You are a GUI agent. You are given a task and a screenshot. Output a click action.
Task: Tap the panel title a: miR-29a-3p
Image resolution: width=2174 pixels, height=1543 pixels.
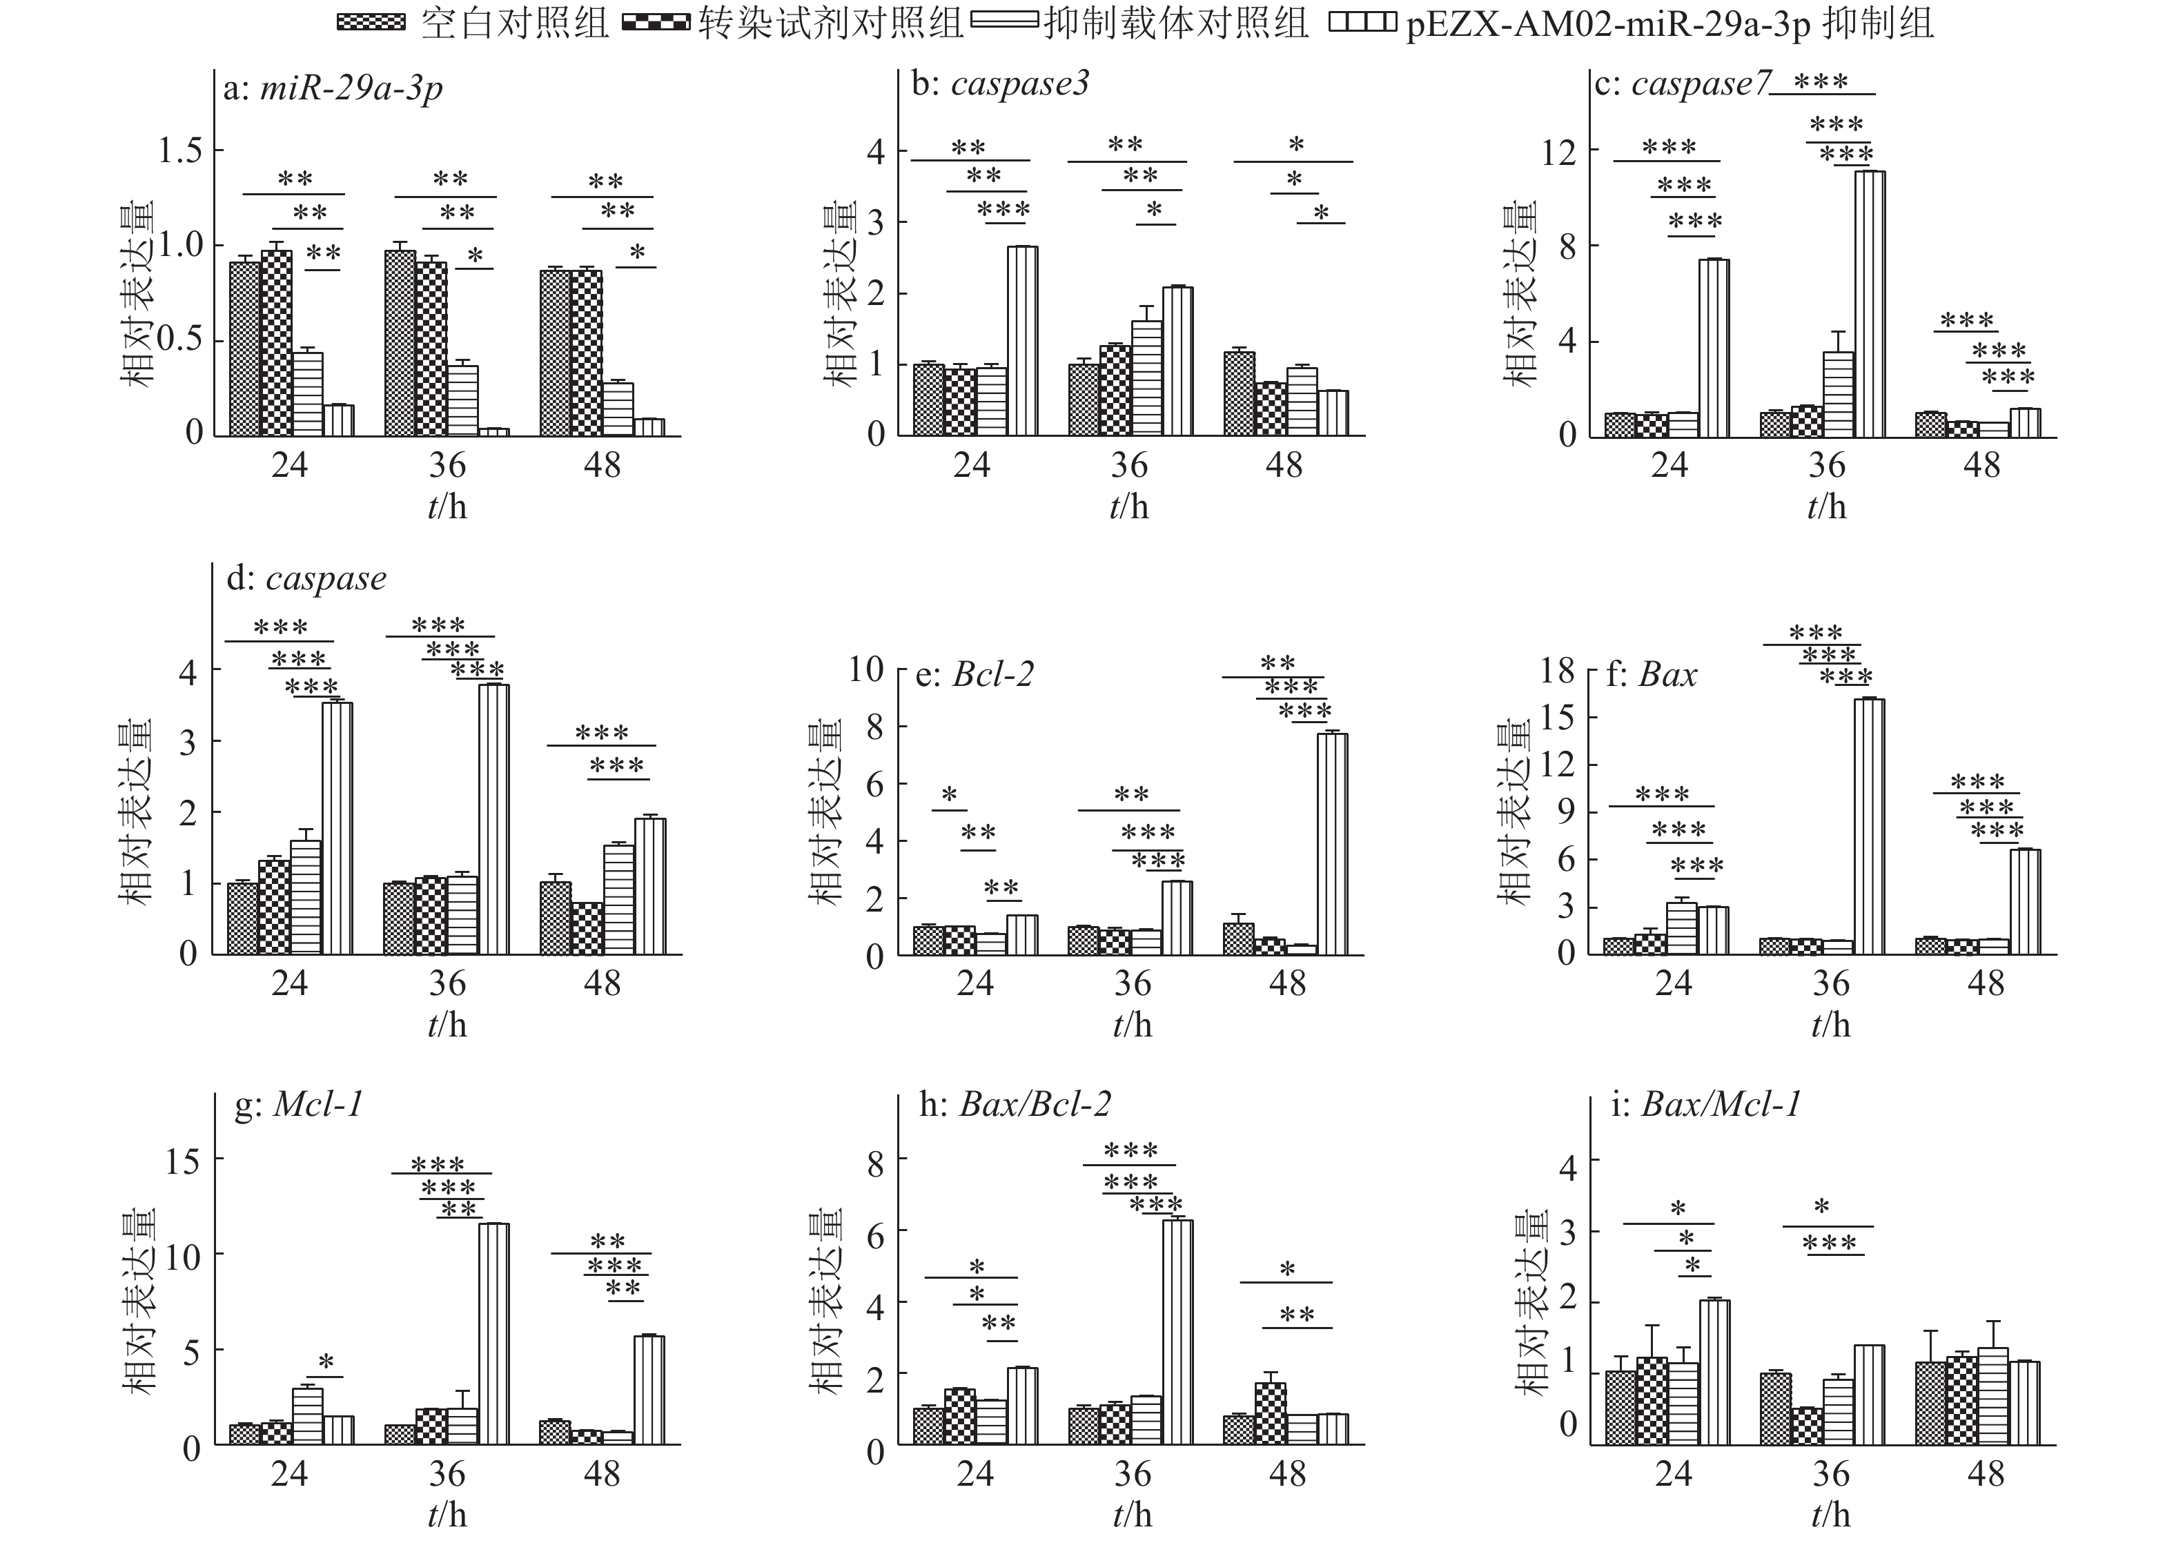tap(333, 88)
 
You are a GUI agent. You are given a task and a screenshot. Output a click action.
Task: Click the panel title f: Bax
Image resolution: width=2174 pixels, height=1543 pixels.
tap(1652, 675)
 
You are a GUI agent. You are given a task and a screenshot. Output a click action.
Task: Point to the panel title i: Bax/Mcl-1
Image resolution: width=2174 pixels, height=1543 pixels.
tap(1705, 1104)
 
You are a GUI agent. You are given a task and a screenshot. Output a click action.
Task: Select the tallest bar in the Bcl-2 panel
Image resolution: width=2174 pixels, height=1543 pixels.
tap(1332, 844)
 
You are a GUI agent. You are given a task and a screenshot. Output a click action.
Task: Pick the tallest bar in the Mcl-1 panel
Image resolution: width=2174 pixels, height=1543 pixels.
tap(493, 1334)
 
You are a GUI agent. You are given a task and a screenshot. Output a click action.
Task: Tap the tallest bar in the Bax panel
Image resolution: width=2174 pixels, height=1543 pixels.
tap(1869, 827)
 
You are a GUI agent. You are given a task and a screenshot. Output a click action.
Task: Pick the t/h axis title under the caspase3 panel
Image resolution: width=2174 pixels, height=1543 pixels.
tap(1129, 507)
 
